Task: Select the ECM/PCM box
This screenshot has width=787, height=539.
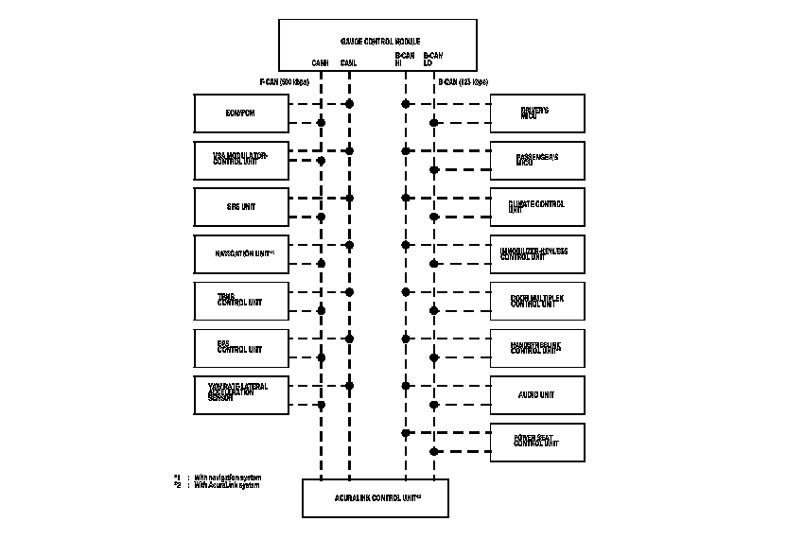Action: (240, 113)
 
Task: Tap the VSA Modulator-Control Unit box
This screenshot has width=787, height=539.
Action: (240, 160)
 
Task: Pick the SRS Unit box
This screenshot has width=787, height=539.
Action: (240, 207)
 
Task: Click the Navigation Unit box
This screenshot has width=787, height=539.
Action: (240, 253)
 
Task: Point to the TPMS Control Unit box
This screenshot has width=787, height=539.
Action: (240, 301)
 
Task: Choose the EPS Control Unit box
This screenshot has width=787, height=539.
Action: (240, 348)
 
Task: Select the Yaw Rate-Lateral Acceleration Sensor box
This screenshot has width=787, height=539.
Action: (240, 394)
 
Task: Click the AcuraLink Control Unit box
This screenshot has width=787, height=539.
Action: (376, 498)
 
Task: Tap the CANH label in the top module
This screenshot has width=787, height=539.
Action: (321, 63)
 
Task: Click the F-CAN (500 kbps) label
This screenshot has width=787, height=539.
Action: (285, 81)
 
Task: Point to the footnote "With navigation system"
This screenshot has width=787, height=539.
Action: (227, 478)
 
